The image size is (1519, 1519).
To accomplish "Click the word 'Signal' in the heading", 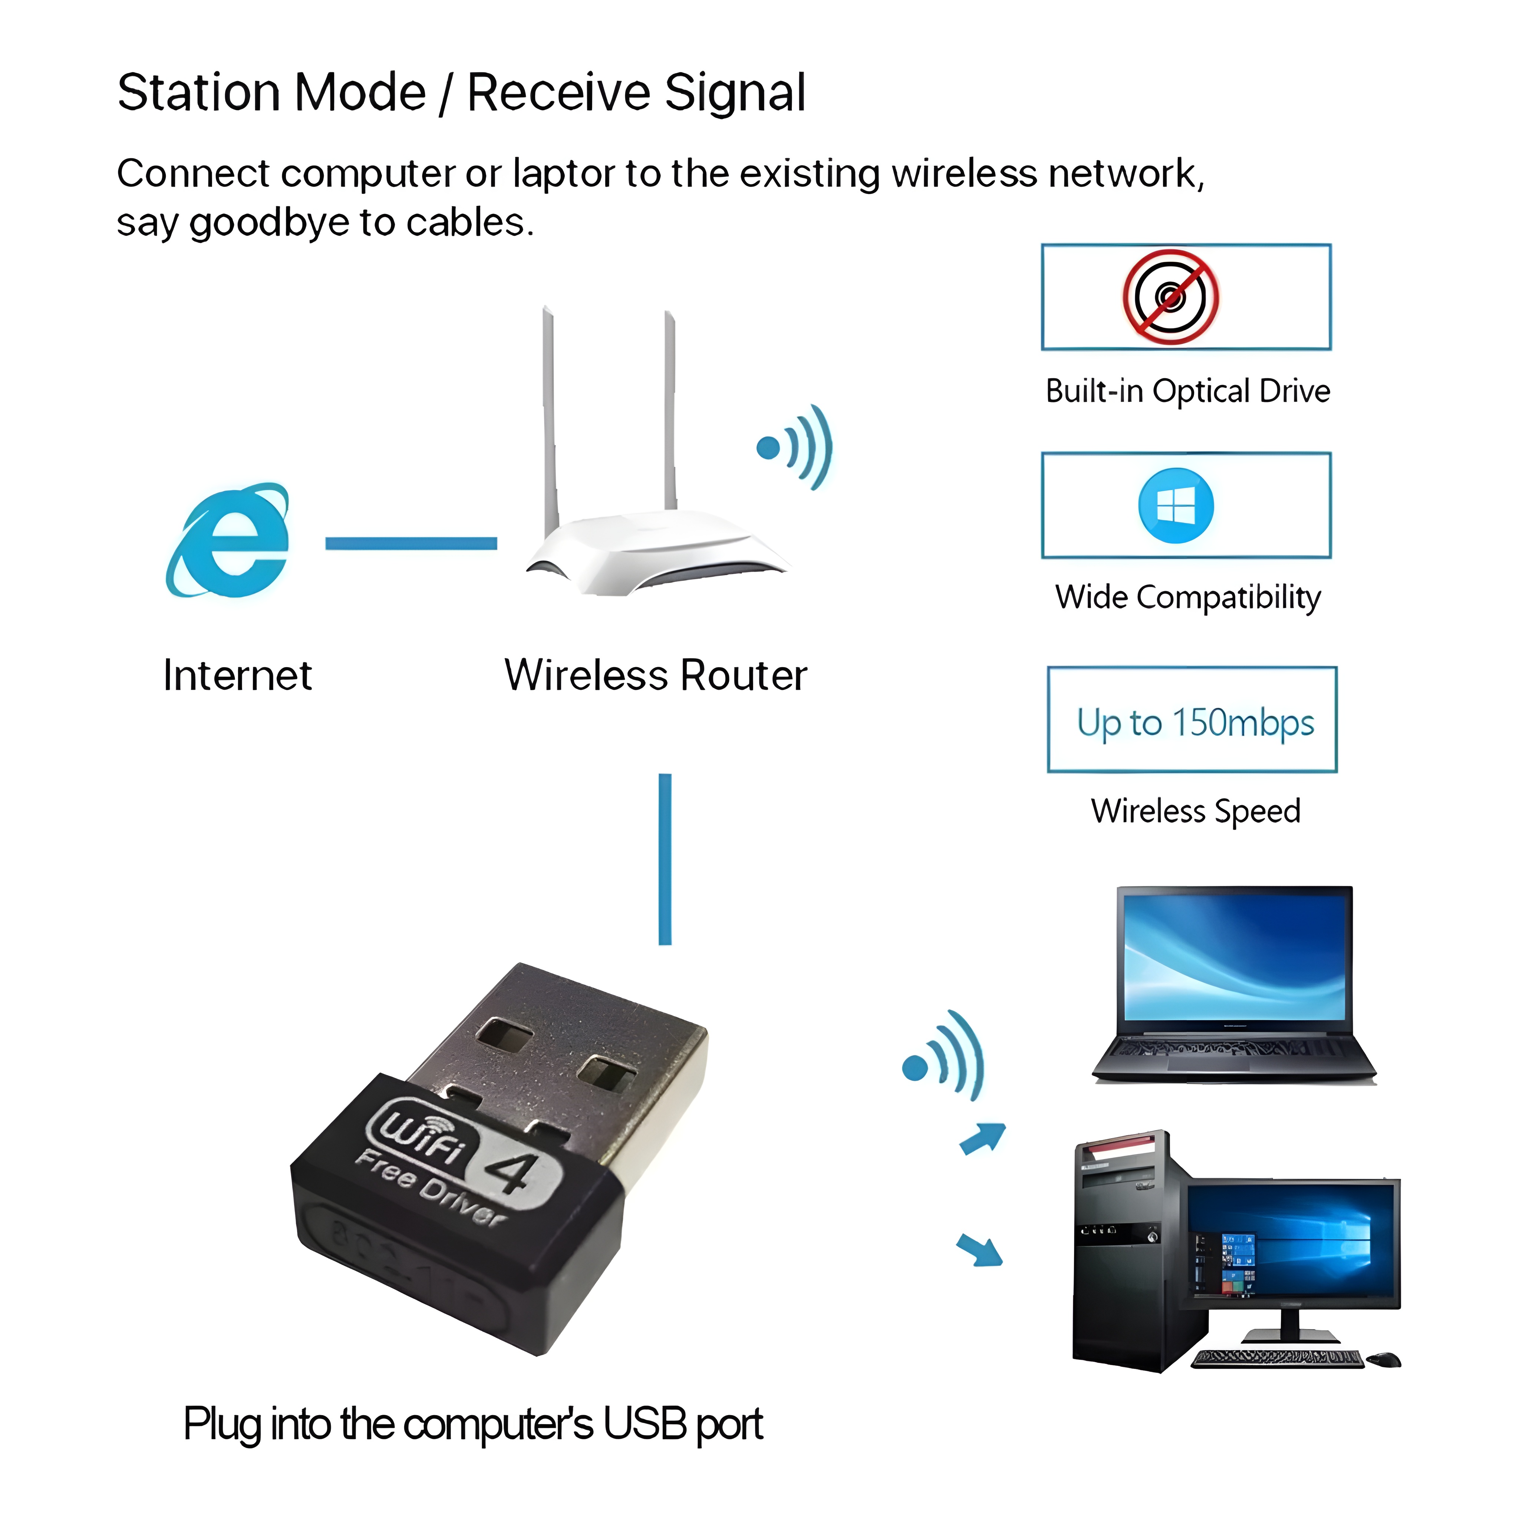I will [x=735, y=93].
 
